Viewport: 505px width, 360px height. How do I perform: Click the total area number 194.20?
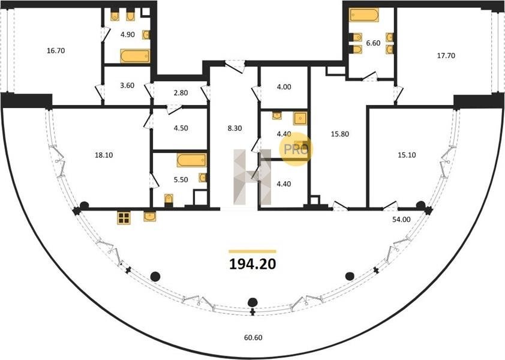tap(252, 264)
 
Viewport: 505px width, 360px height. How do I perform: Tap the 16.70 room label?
tap(56, 50)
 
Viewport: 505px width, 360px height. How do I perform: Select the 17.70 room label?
tap(446, 56)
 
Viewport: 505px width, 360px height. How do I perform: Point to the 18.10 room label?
tap(104, 155)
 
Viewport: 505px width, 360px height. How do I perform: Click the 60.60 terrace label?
tap(253, 337)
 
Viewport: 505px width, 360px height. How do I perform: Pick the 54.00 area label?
tap(401, 220)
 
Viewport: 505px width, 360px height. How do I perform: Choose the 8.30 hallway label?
tap(235, 128)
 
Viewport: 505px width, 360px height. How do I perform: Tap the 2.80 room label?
tap(181, 93)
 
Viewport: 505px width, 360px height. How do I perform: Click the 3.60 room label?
tap(127, 86)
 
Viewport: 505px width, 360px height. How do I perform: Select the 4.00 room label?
tap(284, 87)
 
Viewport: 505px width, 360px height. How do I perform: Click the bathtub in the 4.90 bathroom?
tap(136, 56)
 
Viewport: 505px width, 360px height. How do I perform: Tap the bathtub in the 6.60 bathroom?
tap(364, 15)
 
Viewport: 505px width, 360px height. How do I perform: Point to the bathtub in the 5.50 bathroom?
tap(192, 160)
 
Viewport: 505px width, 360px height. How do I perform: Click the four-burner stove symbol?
tap(124, 218)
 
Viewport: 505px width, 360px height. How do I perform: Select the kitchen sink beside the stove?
tap(150, 216)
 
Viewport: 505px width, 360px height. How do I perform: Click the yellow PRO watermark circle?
tap(296, 149)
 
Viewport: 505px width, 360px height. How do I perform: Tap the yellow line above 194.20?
tap(252, 251)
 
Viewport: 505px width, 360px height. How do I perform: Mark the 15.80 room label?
tap(340, 134)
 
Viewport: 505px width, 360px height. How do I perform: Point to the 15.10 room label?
tap(407, 155)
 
